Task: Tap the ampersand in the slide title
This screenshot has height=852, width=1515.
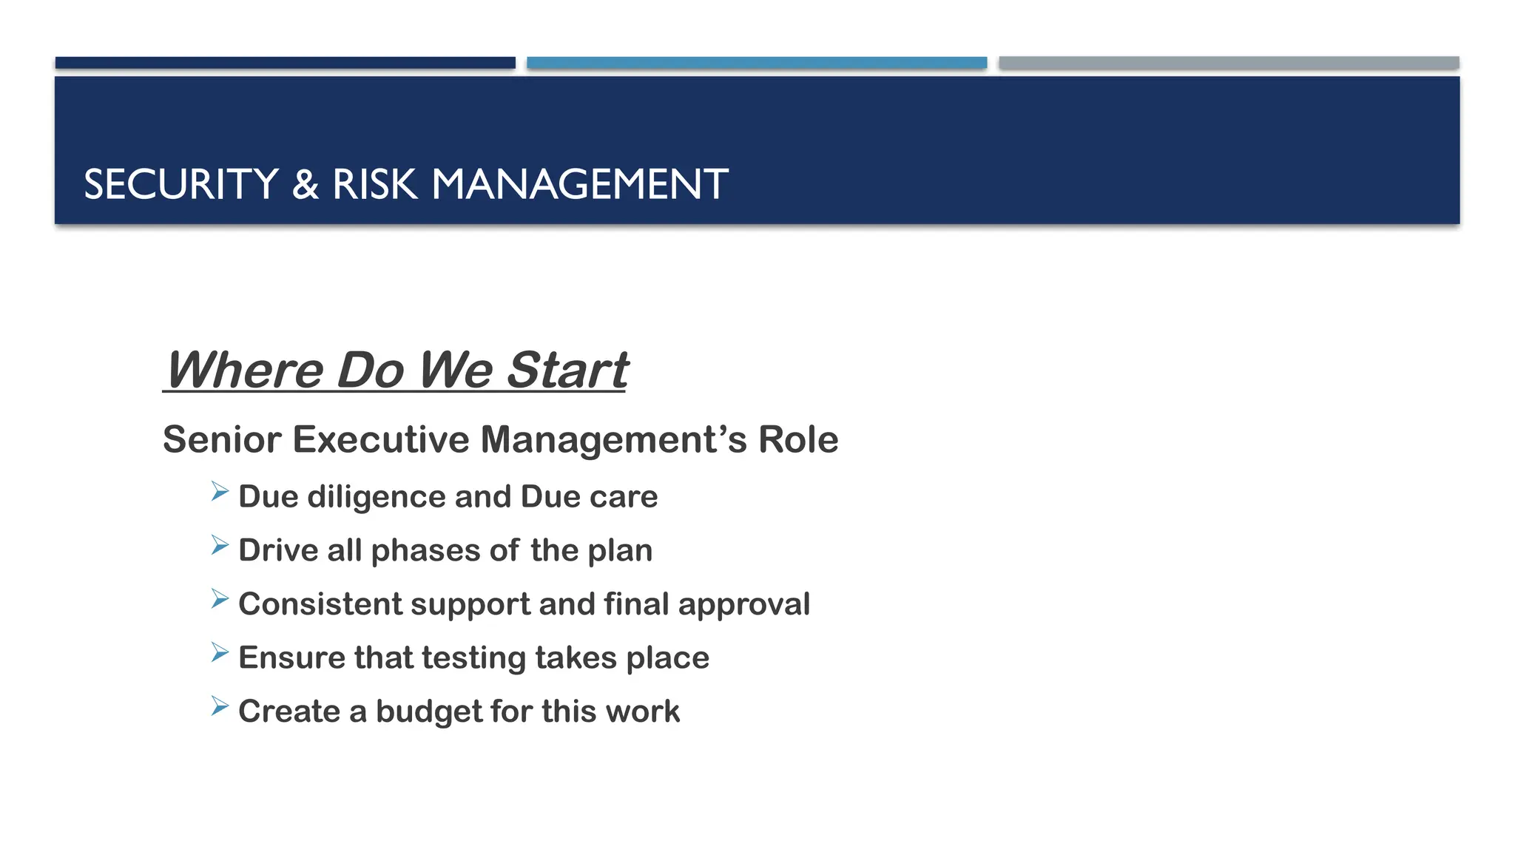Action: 305,184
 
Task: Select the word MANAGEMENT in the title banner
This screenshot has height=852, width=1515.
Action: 579,184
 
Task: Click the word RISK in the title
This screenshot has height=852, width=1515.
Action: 374,184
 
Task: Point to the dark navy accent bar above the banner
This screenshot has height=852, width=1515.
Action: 285,63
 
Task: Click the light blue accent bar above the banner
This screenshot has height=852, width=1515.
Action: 757,63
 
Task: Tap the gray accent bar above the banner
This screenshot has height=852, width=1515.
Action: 1229,63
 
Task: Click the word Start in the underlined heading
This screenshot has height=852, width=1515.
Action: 567,370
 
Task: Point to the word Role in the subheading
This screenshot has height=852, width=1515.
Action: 798,439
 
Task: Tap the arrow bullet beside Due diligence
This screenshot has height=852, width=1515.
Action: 220,491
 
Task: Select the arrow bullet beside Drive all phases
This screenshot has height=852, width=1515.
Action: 220,545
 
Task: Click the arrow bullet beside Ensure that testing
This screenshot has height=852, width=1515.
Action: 220,652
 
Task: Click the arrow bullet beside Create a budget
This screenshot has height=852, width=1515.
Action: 220,706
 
